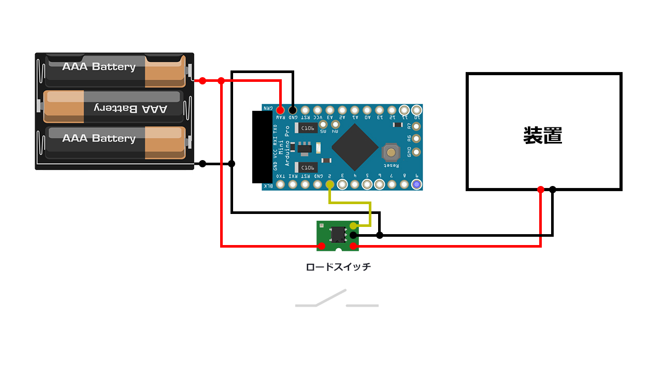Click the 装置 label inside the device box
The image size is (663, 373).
pos(543,136)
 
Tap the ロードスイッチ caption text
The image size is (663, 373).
pos(338,267)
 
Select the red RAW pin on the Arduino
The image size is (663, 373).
pos(280,110)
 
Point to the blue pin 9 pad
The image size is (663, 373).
pos(416,184)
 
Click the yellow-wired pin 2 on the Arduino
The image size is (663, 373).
pos(329,184)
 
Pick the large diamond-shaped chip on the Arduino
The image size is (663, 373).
pos(355,147)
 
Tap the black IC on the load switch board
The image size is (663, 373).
pos(338,235)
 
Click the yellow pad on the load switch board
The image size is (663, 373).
pos(353,226)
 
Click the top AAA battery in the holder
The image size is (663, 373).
pos(115,71)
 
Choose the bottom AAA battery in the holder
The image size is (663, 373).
pos(115,142)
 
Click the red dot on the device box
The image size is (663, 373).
pos(540,190)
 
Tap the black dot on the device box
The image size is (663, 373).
pos(553,190)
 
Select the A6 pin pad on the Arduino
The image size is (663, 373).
pos(416,139)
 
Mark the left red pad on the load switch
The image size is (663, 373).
pos(322,245)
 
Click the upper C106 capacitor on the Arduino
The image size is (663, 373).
pos(306,128)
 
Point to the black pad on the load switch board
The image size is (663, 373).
pos(353,235)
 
